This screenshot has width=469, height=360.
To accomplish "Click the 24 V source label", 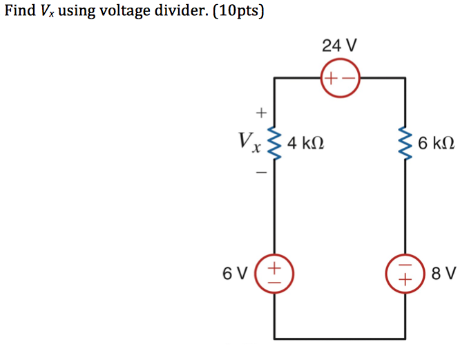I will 339,46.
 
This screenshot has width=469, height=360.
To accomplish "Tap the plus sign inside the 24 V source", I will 332,79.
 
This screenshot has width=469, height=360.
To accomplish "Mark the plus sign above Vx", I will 261,111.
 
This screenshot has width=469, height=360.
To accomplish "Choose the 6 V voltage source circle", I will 275,273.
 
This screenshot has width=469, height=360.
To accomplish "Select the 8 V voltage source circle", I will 405,273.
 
